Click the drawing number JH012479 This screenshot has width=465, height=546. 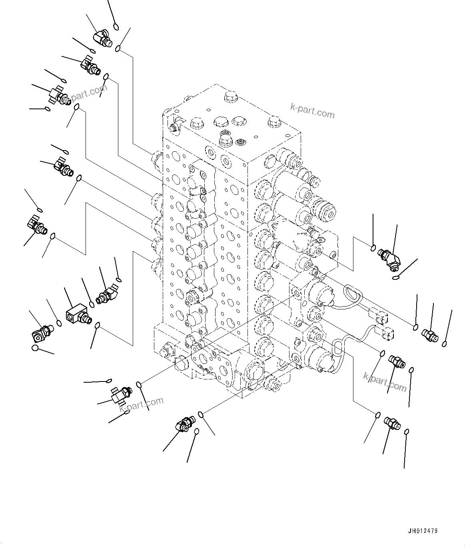pos(423,531)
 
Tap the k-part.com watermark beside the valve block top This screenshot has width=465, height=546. pos(312,111)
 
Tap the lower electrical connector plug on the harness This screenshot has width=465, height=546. pos(388,332)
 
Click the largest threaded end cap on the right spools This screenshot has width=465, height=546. pos(327,211)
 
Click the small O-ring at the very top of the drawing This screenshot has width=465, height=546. pos(116,27)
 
